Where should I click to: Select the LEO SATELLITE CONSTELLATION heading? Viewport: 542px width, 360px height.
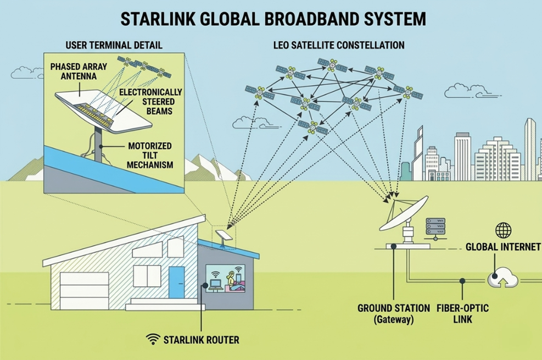(339, 45)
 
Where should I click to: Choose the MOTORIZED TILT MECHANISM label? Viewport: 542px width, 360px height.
(150, 155)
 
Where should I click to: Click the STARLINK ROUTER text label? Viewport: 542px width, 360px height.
(201, 340)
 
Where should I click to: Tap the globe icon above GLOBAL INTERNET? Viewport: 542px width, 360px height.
(503, 230)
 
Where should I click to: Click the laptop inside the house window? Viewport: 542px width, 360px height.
(215, 285)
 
